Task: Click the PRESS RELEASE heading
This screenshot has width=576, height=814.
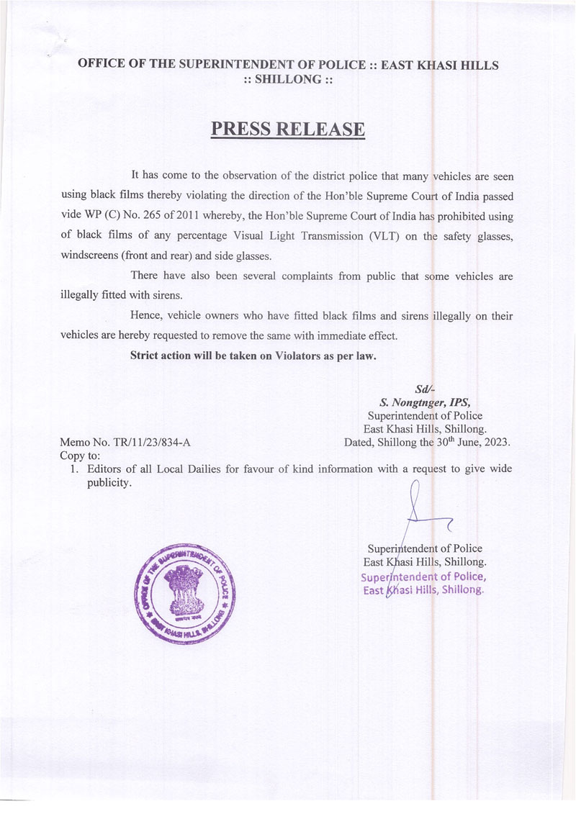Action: tap(288, 130)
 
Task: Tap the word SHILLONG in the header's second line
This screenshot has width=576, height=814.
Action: tap(288, 79)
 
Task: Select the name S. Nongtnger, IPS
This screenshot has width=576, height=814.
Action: tap(425, 403)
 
